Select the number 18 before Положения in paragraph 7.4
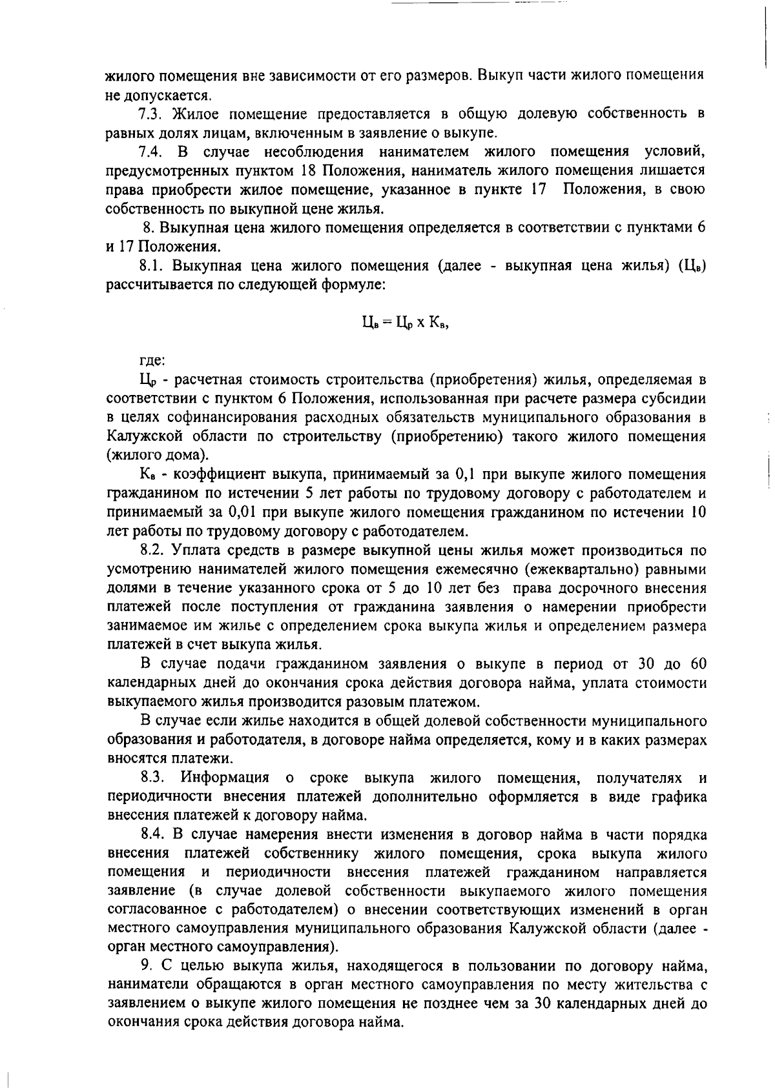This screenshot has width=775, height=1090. click(x=308, y=171)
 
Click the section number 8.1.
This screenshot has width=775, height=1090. click(x=153, y=266)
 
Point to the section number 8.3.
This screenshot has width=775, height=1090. click(x=154, y=778)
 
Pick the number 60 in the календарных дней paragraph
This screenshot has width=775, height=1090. click(x=697, y=665)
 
